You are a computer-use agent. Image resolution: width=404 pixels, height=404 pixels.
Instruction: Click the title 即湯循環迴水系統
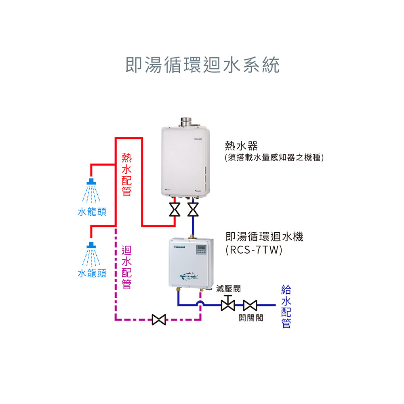(202, 65)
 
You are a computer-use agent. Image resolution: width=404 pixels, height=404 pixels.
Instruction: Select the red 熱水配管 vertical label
(126, 174)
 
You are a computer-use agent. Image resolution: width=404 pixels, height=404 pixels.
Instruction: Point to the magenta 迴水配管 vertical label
(126, 267)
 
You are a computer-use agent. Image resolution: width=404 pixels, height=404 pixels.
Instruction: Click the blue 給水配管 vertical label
(286, 306)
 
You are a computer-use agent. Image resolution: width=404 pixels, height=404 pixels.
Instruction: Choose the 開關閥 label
(250, 318)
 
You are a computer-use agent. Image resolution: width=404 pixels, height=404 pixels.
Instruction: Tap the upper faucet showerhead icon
(92, 181)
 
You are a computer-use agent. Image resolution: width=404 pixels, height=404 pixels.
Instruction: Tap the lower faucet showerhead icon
(92, 245)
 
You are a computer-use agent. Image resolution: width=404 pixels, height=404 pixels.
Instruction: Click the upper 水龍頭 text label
(92, 212)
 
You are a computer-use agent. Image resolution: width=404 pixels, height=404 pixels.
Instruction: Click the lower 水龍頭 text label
(92, 274)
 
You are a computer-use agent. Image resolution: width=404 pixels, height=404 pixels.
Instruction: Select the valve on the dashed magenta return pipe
(158, 320)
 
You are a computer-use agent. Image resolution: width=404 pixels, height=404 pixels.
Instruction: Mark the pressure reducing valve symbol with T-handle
(228, 304)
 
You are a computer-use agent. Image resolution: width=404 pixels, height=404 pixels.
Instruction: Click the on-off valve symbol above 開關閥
(250, 305)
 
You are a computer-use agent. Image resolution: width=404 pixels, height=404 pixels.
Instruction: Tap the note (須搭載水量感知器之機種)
(274, 157)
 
